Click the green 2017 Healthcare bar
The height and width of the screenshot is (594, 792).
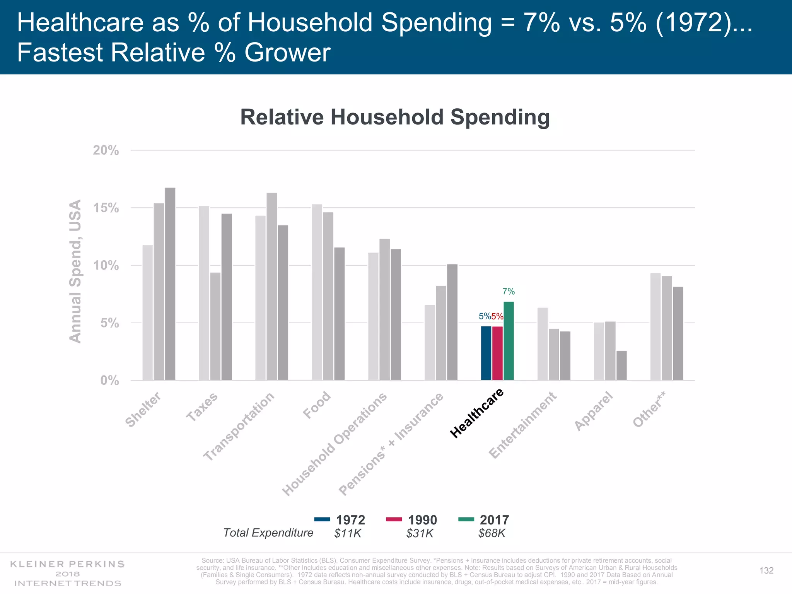(x=509, y=341)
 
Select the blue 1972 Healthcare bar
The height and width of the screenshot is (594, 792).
(x=486, y=353)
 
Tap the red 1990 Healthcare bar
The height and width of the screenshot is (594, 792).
(x=497, y=353)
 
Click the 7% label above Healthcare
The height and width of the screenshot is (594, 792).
(x=509, y=292)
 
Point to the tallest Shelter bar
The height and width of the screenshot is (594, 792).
(x=170, y=283)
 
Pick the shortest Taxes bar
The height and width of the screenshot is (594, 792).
(x=215, y=326)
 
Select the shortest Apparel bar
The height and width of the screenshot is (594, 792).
(x=621, y=365)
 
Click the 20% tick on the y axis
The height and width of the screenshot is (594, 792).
(x=106, y=150)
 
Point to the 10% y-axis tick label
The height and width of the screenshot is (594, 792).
(x=106, y=266)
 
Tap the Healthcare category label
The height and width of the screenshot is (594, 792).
(x=477, y=413)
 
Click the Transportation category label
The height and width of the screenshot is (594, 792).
(x=239, y=427)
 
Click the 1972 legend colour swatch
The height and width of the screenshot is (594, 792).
(x=322, y=519)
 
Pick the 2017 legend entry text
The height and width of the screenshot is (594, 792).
(x=494, y=520)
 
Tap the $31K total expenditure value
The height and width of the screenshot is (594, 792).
(x=420, y=534)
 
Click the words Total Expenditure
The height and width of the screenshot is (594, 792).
(x=268, y=533)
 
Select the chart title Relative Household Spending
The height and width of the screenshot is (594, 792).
(x=395, y=117)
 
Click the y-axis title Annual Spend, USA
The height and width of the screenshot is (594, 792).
(x=75, y=271)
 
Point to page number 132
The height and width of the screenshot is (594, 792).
(x=766, y=571)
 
